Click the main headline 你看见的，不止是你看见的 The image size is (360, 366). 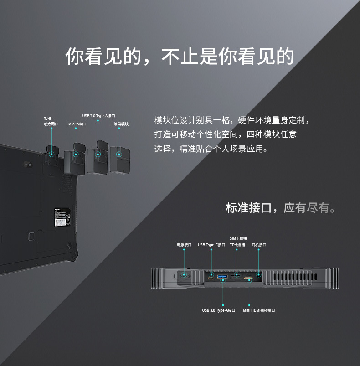point(180,56)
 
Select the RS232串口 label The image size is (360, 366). point(77,124)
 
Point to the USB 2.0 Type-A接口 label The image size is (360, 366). point(98,116)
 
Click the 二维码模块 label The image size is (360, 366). point(119,124)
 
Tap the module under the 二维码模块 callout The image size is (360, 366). point(120,160)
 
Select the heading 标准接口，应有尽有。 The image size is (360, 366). point(281,208)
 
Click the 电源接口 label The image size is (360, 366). point(184,245)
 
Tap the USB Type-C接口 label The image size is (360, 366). point(211,245)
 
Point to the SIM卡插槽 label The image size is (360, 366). point(238,238)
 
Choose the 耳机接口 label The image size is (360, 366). point(258,245)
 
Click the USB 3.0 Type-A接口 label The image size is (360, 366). point(219,310)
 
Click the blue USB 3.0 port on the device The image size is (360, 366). point(222,278)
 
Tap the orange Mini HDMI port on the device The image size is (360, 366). point(249,278)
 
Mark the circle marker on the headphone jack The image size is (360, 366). point(259,274)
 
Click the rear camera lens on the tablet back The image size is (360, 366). point(26,163)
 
